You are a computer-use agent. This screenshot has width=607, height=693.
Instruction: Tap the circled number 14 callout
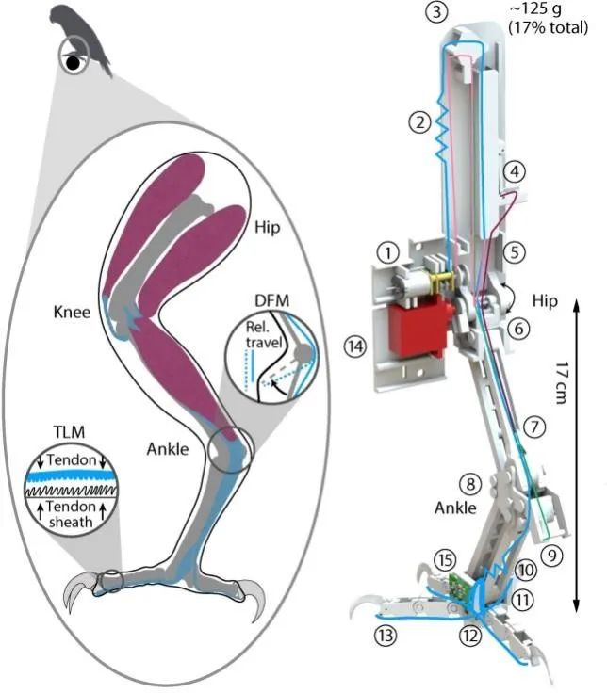pyautogui.click(x=354, y=347)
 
